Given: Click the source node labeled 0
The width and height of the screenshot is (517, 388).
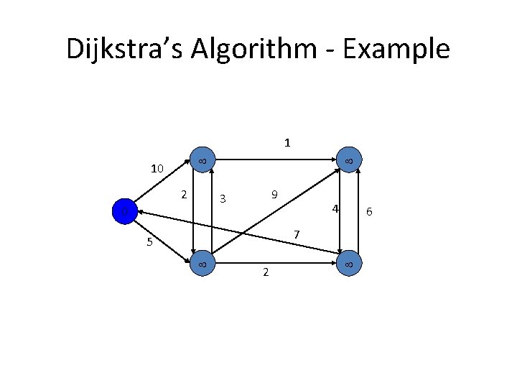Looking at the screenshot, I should pyautogui.click(x=124, y=212).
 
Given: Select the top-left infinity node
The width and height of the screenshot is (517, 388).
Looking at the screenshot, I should pyautogui.click(x=202, y=161).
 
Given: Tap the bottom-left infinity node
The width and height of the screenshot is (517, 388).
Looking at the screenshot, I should pyautogui.click(x=202, y=264).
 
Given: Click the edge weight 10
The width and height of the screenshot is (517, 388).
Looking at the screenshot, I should pyautogui.click(x=157, y=170).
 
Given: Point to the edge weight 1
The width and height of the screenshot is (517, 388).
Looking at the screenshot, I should pyautogui.click(x=287, y=142).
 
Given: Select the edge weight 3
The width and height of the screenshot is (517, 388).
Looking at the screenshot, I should pyautogui.click(x=223, y=199).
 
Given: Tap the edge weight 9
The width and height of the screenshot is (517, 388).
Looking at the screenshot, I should pyautogui.click(x=274, y=195).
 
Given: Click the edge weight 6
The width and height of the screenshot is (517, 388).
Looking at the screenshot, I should pyautogui.click(x=369, y=211).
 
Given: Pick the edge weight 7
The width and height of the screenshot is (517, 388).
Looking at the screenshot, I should pyautogui.click(x=296, y=235).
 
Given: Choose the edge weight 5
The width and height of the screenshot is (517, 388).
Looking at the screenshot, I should pyautogui.click(x=149, y=242).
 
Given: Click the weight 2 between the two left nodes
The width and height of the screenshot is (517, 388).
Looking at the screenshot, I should pyautogui.click(x=184, y=195).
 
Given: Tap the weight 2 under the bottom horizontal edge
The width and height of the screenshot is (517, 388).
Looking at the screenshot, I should pyautogui.click(x=265, y=272).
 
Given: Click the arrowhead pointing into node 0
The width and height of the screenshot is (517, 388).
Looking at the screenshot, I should pyautogui.click(x=137, y=212).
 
